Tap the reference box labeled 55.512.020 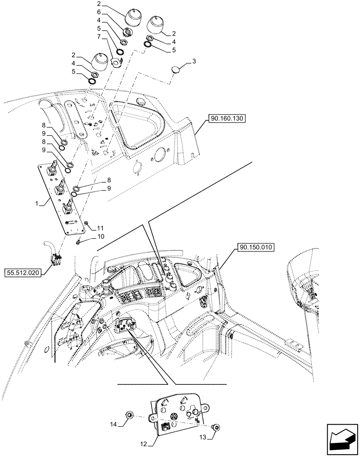coord(23,273)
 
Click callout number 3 coord(194,61)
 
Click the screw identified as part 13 coord(217,428)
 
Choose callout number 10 coord(101,236)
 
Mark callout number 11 coord(101,227)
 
